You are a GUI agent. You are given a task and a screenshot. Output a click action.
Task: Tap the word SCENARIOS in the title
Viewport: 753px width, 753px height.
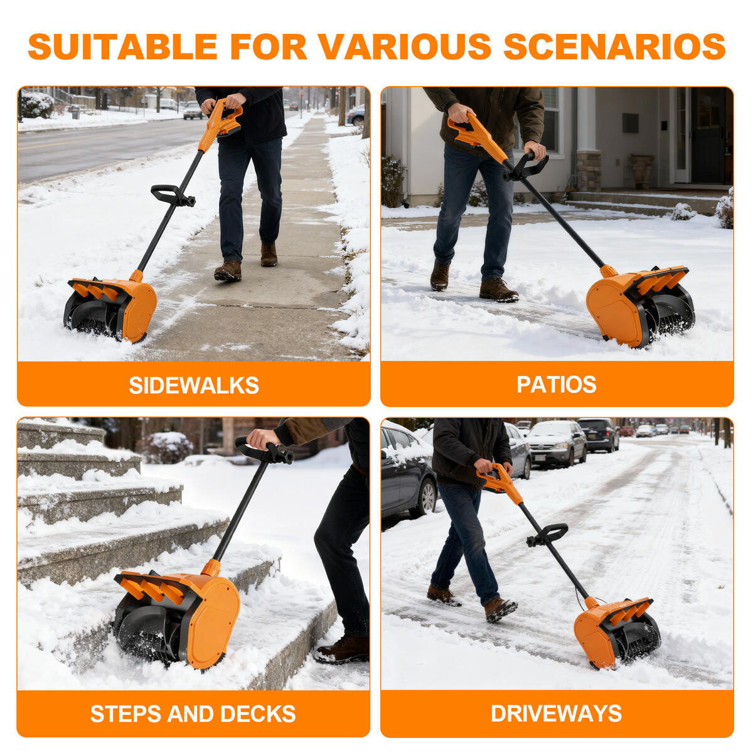[614, 46]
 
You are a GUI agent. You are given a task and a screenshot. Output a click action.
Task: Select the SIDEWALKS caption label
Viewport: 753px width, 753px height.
[193, 385]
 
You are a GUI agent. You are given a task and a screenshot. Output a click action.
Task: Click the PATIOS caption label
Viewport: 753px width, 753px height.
[556, 384]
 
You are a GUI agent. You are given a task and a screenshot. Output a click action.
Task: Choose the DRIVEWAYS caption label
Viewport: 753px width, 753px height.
[556, 713]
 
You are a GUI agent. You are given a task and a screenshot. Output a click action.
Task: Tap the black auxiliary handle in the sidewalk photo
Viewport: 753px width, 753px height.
[171, 195]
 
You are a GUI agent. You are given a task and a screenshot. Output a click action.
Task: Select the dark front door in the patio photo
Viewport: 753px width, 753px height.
[708, 135]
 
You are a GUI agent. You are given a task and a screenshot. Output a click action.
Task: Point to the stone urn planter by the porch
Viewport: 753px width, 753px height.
[641, 169]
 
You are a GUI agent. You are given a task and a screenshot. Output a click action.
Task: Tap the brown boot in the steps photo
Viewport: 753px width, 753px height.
[343, 649]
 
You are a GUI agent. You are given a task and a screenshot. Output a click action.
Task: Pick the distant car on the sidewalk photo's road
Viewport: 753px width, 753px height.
[193, 110]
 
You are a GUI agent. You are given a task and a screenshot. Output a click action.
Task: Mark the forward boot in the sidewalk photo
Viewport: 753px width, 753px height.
[228, 270]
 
